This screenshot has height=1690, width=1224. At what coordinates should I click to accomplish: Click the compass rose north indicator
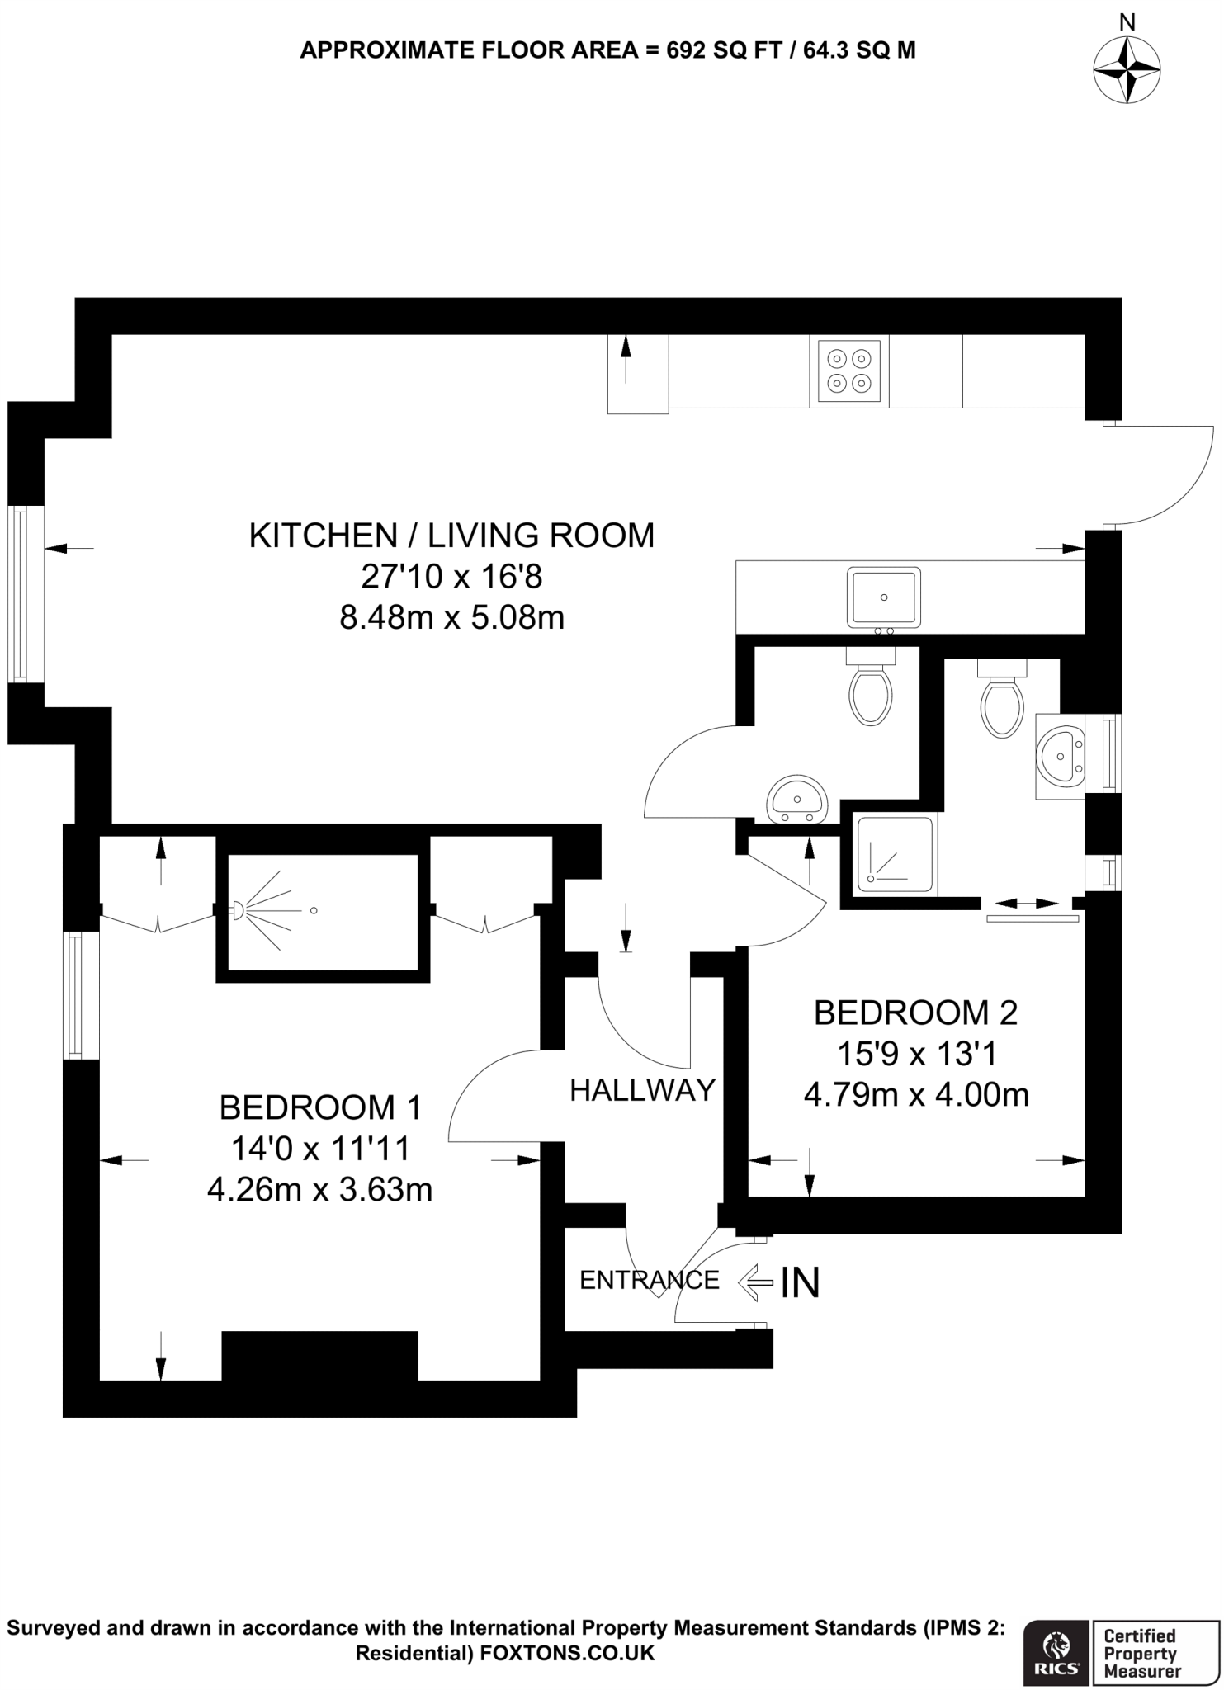point(1127,69)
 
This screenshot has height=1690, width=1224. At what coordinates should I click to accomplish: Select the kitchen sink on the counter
point(883,597)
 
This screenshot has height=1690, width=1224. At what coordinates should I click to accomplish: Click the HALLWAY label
point(642,1090)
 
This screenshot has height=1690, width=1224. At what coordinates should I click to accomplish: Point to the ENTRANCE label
point(649,1280)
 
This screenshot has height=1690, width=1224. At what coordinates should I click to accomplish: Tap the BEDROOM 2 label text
point(915,1013)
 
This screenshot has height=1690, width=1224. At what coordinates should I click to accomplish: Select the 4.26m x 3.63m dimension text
point(320,1190)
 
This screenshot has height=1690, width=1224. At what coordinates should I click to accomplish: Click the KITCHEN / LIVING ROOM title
point(451,536)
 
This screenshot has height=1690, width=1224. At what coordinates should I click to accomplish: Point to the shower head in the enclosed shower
point(237,910)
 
